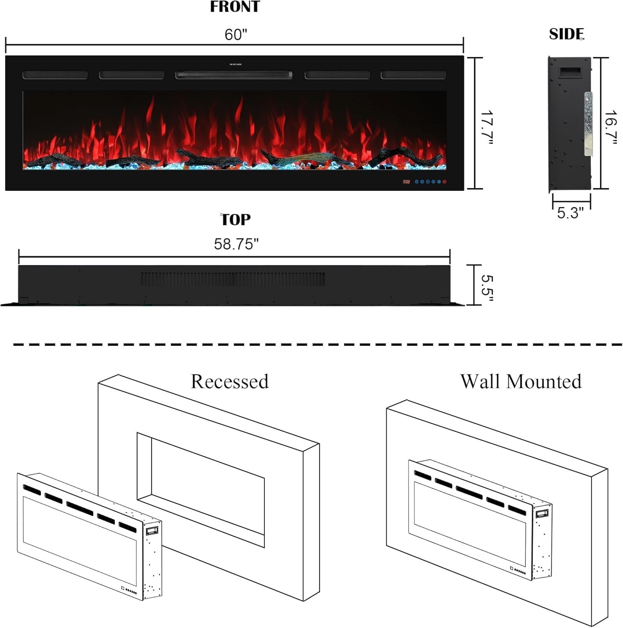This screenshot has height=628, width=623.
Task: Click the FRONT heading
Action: click(x=235, y=7)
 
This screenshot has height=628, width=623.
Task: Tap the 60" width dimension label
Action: click(x=236, y=34)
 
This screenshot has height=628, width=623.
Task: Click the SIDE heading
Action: click(x=566, y=34)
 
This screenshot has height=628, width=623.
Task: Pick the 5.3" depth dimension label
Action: click(x=570, y=213)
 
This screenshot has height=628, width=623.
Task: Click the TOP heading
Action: click(x=235, y=219)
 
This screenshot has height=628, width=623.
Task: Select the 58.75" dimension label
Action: click(x=236, y=244)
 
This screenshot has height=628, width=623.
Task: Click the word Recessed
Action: click(x=230, y=381)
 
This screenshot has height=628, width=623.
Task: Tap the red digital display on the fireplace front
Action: click(x=406, y=182)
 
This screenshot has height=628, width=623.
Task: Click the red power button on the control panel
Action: click(x=445, y=182)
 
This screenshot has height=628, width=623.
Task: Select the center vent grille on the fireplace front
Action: click(x=234, y=75)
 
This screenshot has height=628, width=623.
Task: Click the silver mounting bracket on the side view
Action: click(x=589, y=124)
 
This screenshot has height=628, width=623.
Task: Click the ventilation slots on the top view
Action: click(x=233, y=279)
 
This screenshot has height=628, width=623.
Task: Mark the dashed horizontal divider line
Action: click(x=318, y=345)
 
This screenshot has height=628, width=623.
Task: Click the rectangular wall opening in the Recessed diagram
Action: click(x=201, y=490)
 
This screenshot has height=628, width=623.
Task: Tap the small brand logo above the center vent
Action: click(x=235, y=64)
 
